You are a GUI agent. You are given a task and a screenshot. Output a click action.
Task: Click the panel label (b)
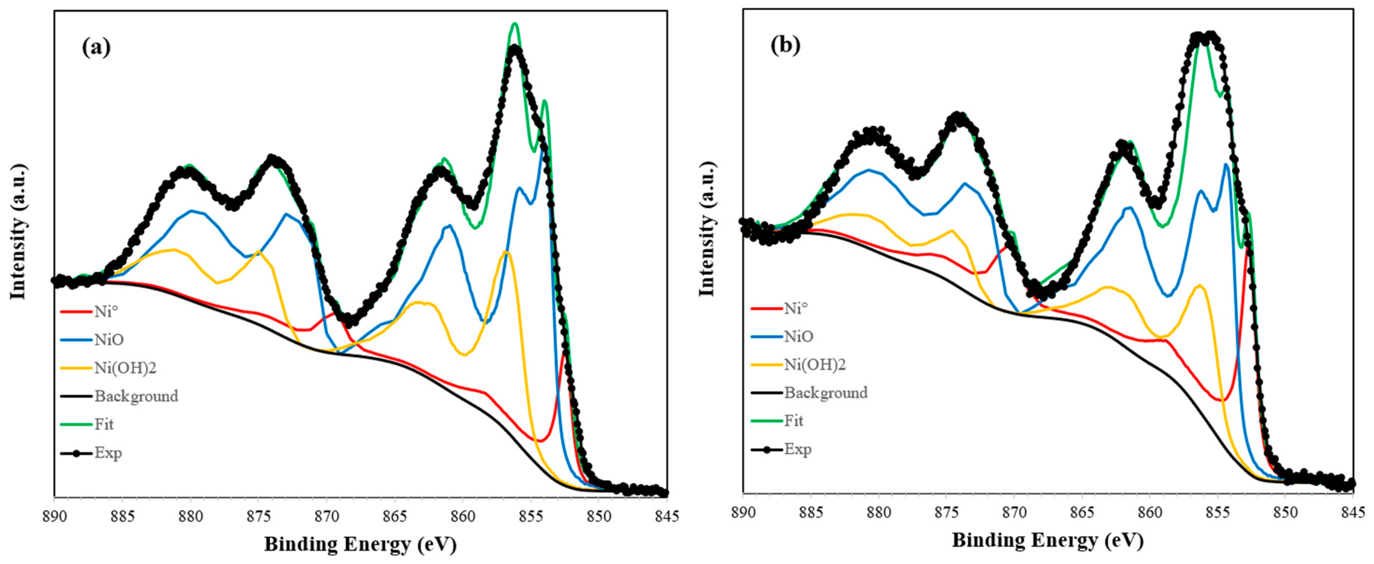pos(785,46)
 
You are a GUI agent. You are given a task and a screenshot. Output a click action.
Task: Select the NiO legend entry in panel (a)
pos(109,339)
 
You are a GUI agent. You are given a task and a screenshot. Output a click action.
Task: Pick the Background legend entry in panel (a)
pos(136,396)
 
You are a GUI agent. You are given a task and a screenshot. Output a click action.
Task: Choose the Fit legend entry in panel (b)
pos(794,421)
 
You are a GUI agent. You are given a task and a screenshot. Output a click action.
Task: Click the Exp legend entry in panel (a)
pos(108,452)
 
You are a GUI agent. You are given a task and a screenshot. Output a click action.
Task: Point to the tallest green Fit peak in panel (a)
pos(515,24)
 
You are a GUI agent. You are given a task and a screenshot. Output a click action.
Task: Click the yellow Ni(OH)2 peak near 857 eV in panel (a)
pos(506,252)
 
